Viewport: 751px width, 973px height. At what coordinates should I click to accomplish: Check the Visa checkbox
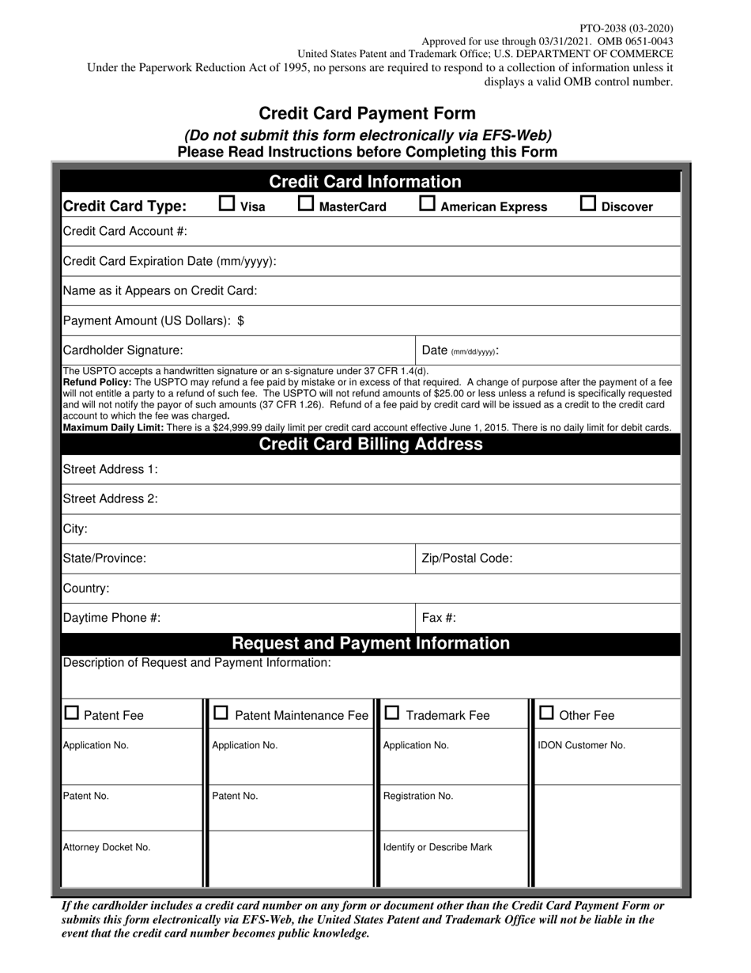click(227, 204)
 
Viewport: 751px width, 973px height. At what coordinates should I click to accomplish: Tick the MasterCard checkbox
click(306, 204)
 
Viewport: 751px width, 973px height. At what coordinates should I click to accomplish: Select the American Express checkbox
click(427, 204)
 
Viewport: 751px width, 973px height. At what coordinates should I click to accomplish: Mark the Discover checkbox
click(588, 204)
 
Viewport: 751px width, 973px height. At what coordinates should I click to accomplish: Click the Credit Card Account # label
click(124, 231)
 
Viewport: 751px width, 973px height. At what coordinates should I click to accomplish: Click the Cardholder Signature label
click(123, 350)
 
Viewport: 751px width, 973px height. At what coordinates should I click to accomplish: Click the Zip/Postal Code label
click(466, 558)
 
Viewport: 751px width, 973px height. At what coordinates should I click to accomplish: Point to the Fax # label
click(439, 618)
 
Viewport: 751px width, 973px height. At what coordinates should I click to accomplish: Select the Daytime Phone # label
click(111, 618)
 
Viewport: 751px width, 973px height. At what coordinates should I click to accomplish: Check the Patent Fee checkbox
click(72, 714)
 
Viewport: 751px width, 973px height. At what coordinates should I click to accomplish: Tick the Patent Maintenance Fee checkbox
click(222, 714)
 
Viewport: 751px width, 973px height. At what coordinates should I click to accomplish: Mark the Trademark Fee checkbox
click(392, 714)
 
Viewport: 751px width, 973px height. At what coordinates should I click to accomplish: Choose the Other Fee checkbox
click(546, 714)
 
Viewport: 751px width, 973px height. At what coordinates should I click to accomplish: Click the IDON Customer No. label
click(581, 745)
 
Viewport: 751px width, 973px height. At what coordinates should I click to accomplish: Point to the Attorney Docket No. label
click(106, 847)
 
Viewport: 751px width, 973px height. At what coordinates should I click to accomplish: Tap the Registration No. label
click(418, 796)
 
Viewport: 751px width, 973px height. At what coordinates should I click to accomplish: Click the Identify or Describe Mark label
click(437, 847)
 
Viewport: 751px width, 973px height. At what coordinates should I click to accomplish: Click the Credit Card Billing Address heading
click(371, 444)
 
